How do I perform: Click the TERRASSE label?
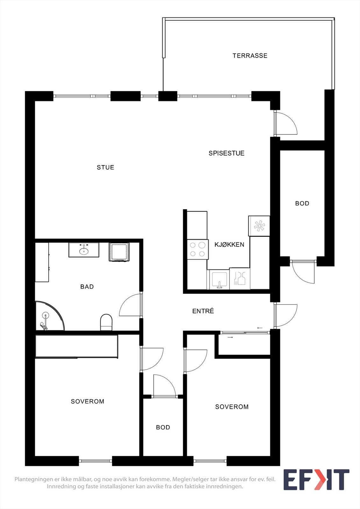(250, 56)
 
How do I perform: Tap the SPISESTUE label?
(226, 153)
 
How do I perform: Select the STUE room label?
(105, 167)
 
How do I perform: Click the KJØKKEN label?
(229, 245)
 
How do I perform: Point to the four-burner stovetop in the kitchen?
(197, 249)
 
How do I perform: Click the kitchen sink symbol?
(218, 279)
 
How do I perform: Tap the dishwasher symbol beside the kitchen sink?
(240, 279)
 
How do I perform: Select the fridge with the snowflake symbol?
(259, 226)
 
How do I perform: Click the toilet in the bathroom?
(106, 322)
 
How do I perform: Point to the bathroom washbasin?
(84, 250)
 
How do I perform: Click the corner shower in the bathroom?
(48, 317)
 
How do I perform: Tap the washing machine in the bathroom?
(119, 252)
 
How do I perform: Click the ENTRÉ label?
(203, 311)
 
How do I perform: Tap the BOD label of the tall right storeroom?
(302, 204)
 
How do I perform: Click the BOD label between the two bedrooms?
(163, 428)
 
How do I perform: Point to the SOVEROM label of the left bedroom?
(88, 401)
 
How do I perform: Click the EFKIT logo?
(316, 480)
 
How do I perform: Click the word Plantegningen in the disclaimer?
(30, 479)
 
